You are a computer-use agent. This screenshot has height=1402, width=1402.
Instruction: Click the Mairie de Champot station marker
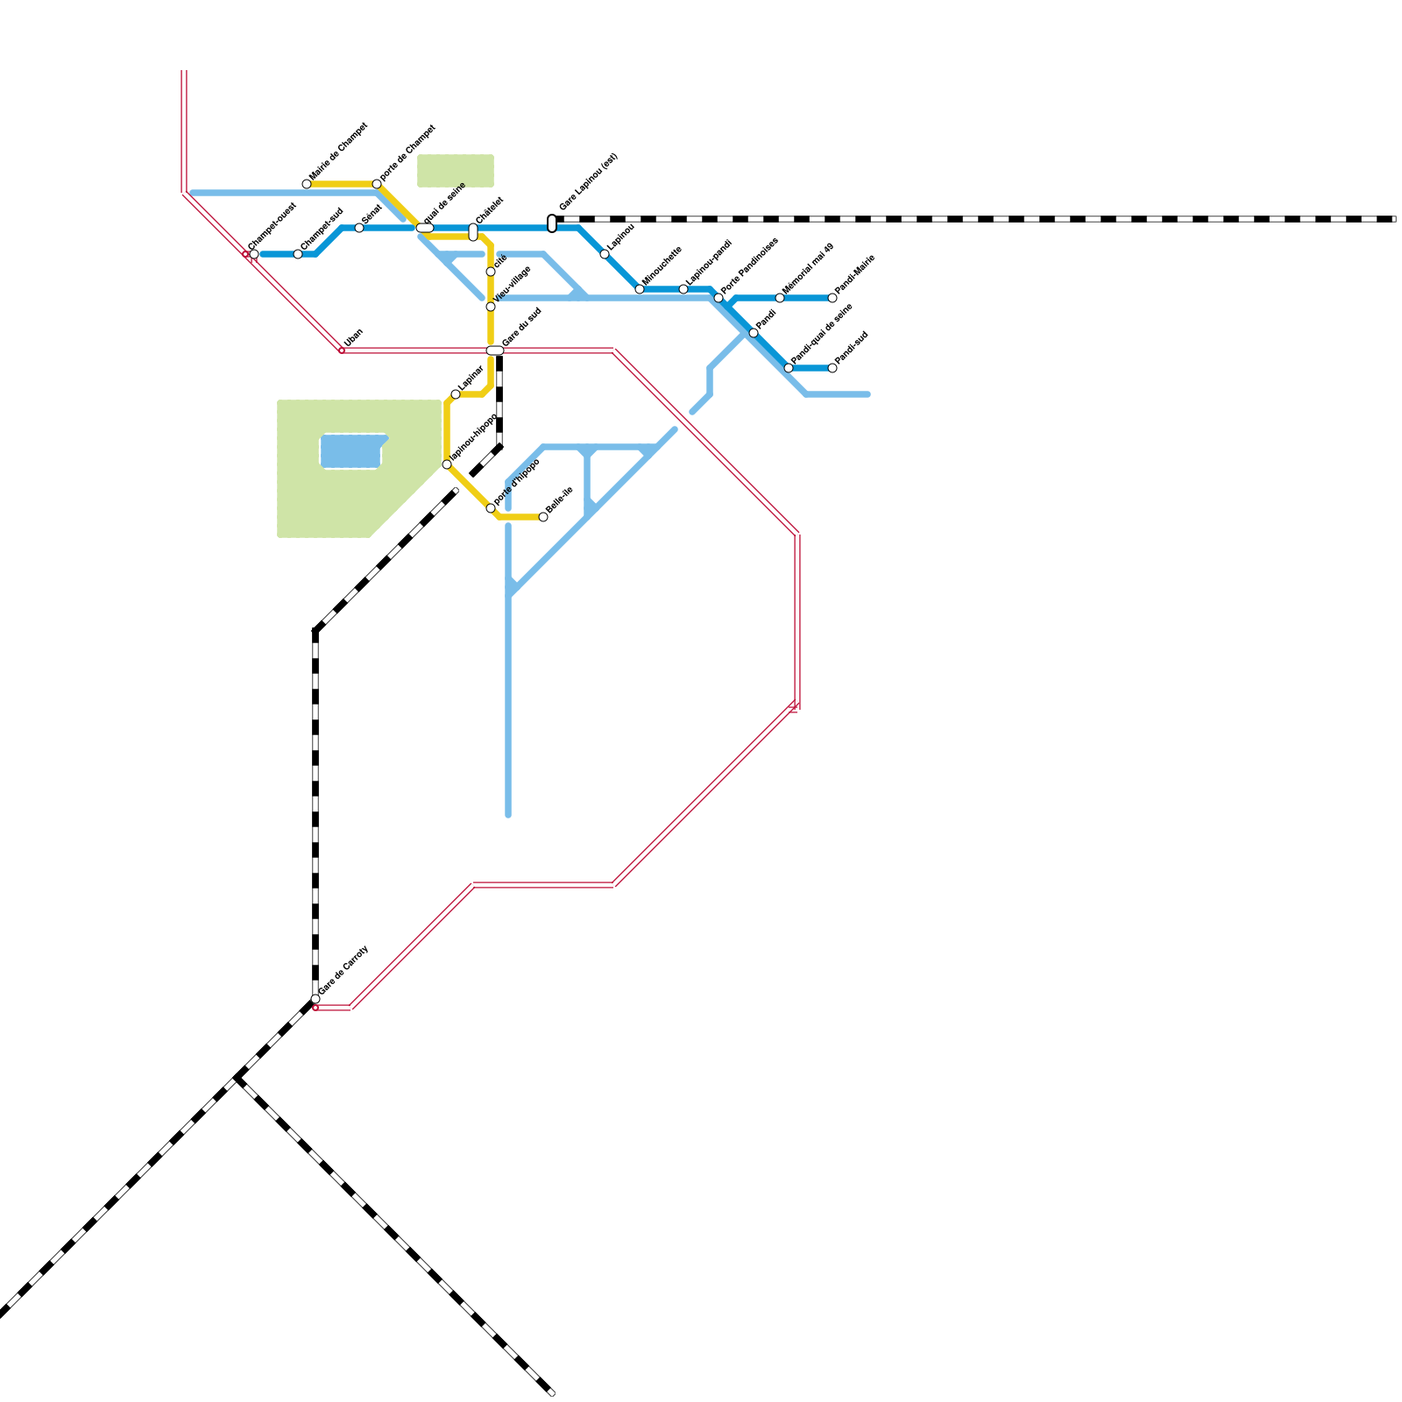pos(307,184)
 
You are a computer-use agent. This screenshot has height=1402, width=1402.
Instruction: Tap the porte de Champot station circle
pos(377,184)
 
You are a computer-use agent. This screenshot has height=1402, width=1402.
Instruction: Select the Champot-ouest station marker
pos(254,254)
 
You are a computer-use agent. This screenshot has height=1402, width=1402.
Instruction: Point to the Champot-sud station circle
pos(298,254)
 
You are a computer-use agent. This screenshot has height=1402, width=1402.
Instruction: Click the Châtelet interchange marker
pos(473,232)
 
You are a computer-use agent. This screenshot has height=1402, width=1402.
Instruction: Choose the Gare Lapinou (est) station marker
pos(552,223)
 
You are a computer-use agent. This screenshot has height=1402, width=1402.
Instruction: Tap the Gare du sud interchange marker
pos(495,350)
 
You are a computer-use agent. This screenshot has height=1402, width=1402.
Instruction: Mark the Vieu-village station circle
pos(491,307)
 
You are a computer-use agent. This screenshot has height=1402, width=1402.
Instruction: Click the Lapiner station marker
pos(456,394)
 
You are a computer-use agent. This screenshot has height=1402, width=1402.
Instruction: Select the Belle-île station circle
pos(543,517)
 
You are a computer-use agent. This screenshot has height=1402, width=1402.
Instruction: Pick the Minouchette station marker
pos(640,289)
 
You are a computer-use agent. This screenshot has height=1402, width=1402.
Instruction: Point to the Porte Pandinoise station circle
pos(719,298)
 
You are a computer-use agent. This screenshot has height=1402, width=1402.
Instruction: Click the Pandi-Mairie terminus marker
pos(832,298)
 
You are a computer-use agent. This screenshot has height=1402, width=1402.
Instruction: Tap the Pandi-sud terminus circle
pos(832,368)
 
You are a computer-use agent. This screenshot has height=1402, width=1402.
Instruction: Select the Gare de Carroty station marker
pos(315,999)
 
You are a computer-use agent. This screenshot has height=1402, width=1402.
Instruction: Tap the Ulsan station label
pos(353,337)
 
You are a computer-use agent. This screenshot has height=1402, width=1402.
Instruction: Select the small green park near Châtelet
pos(455,171)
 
